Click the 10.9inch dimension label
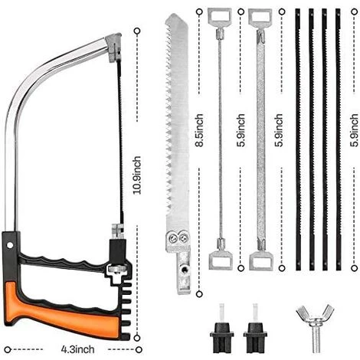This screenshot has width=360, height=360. tap(137, 175)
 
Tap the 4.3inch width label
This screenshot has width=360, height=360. tap(77, 349)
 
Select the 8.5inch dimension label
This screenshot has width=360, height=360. tap(199, 130)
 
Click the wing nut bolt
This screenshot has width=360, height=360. tap(315, 327)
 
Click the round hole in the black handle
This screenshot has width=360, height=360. tap(10, 245)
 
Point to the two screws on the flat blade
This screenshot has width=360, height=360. tap(178, 238)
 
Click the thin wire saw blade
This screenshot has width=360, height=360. tap(220, 138)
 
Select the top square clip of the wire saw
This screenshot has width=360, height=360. tap(219, 16)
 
